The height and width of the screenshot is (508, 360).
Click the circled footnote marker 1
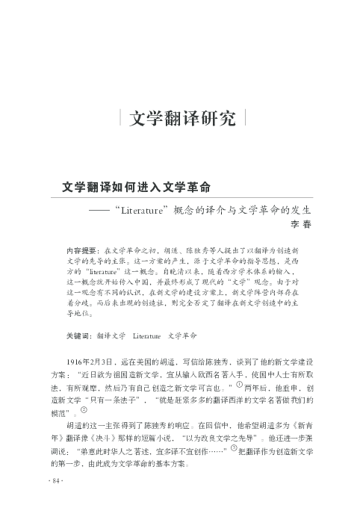click(240, 385)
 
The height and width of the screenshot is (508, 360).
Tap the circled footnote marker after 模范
click(84, 412)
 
